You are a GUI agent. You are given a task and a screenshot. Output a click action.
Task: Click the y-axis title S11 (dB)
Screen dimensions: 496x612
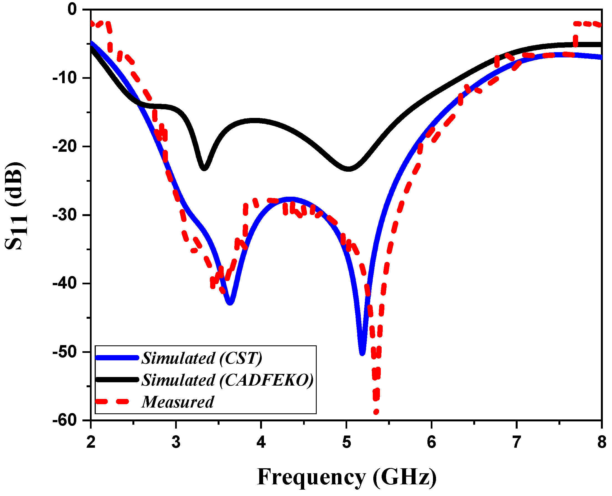(16, 206)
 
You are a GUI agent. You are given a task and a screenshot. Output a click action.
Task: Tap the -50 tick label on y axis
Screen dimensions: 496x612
(65, 352)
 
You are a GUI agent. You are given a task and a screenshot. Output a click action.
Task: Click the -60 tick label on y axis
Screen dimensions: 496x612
(65, 420)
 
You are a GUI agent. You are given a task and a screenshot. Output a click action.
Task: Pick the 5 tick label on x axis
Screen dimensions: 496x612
(346, 442)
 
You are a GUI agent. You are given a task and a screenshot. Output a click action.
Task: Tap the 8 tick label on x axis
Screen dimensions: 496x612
(602, 442)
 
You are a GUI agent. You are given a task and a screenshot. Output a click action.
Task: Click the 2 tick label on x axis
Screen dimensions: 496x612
(91, 442)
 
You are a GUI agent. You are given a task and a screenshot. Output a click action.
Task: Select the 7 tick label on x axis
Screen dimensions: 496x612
(517, 442)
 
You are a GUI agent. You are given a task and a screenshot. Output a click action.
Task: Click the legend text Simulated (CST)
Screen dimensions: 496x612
(202, 358)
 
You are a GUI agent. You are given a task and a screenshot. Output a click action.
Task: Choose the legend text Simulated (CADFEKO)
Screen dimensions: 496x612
(228, 380)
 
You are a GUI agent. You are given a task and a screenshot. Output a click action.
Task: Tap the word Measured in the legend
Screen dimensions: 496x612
(178, 402)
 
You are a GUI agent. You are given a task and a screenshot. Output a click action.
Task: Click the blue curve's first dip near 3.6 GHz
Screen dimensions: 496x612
(230, 302)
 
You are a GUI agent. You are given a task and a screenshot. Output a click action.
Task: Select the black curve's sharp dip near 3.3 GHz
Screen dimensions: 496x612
(204, 168)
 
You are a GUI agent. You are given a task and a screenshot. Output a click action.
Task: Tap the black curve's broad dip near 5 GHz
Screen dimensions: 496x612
(348, 169)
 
